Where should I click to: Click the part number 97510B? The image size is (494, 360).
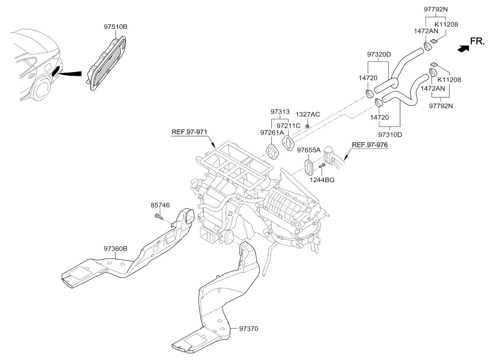point(115,27)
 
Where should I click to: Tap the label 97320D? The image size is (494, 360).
point(378,54)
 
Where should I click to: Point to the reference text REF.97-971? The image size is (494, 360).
point(189,132)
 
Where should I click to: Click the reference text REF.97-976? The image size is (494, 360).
point(370,145)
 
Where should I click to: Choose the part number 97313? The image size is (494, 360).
point(280,112)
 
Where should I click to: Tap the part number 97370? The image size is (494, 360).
point(249,328)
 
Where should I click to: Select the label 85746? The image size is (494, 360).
point(160,205)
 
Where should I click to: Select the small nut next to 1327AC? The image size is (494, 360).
point(308,126)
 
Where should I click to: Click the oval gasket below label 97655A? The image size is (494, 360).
point(308,166)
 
